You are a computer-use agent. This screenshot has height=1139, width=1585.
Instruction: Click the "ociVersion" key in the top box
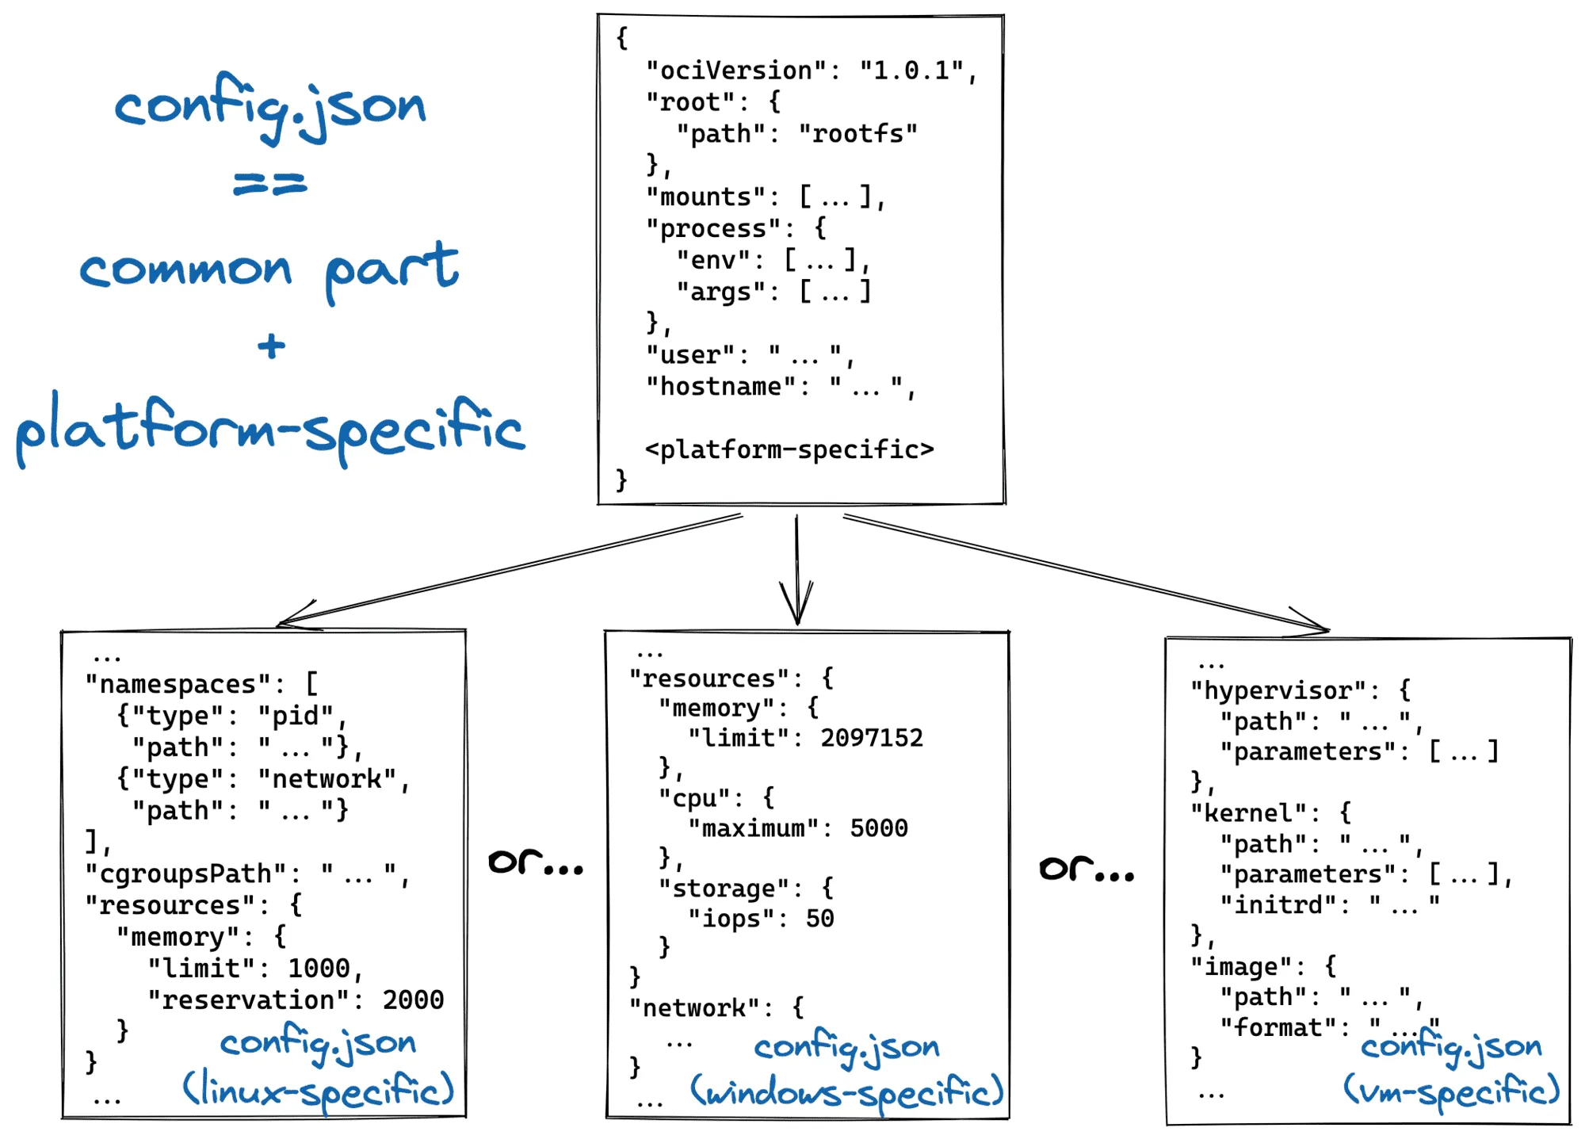tap(737, 71)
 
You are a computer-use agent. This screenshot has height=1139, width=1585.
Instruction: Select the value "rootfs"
tap(857, 133)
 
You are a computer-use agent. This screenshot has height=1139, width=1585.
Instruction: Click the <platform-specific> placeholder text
tap(789, 449)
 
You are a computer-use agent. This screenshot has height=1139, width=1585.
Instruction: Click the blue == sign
tap(270, 185)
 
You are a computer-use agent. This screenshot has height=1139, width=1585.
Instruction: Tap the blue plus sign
tap(271, 346)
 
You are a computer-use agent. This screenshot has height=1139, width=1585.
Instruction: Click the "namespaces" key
tap(178, 684)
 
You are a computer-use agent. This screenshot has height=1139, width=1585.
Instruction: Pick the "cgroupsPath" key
tap(185, 873)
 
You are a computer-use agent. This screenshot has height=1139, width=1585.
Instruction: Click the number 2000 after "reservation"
tap(413, 999)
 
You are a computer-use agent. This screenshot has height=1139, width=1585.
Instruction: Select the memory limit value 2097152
tap(872, 738)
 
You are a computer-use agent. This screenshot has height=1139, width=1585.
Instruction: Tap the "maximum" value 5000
tap(879, 828)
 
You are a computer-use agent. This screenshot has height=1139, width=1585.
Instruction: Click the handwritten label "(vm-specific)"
tap(1451, 1091)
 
